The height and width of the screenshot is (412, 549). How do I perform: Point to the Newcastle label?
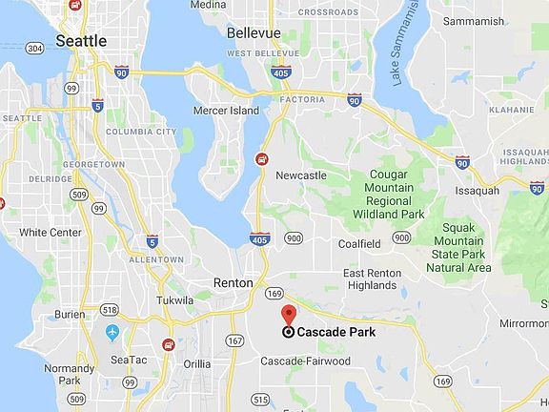[300, 175]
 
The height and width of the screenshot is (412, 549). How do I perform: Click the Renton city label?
[233, 283]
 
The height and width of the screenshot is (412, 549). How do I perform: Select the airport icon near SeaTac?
[113, 332]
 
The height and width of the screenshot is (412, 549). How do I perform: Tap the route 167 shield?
[234, 340]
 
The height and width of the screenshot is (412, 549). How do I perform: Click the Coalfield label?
[359, 243]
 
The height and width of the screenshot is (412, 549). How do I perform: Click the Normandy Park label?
[70, 373]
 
